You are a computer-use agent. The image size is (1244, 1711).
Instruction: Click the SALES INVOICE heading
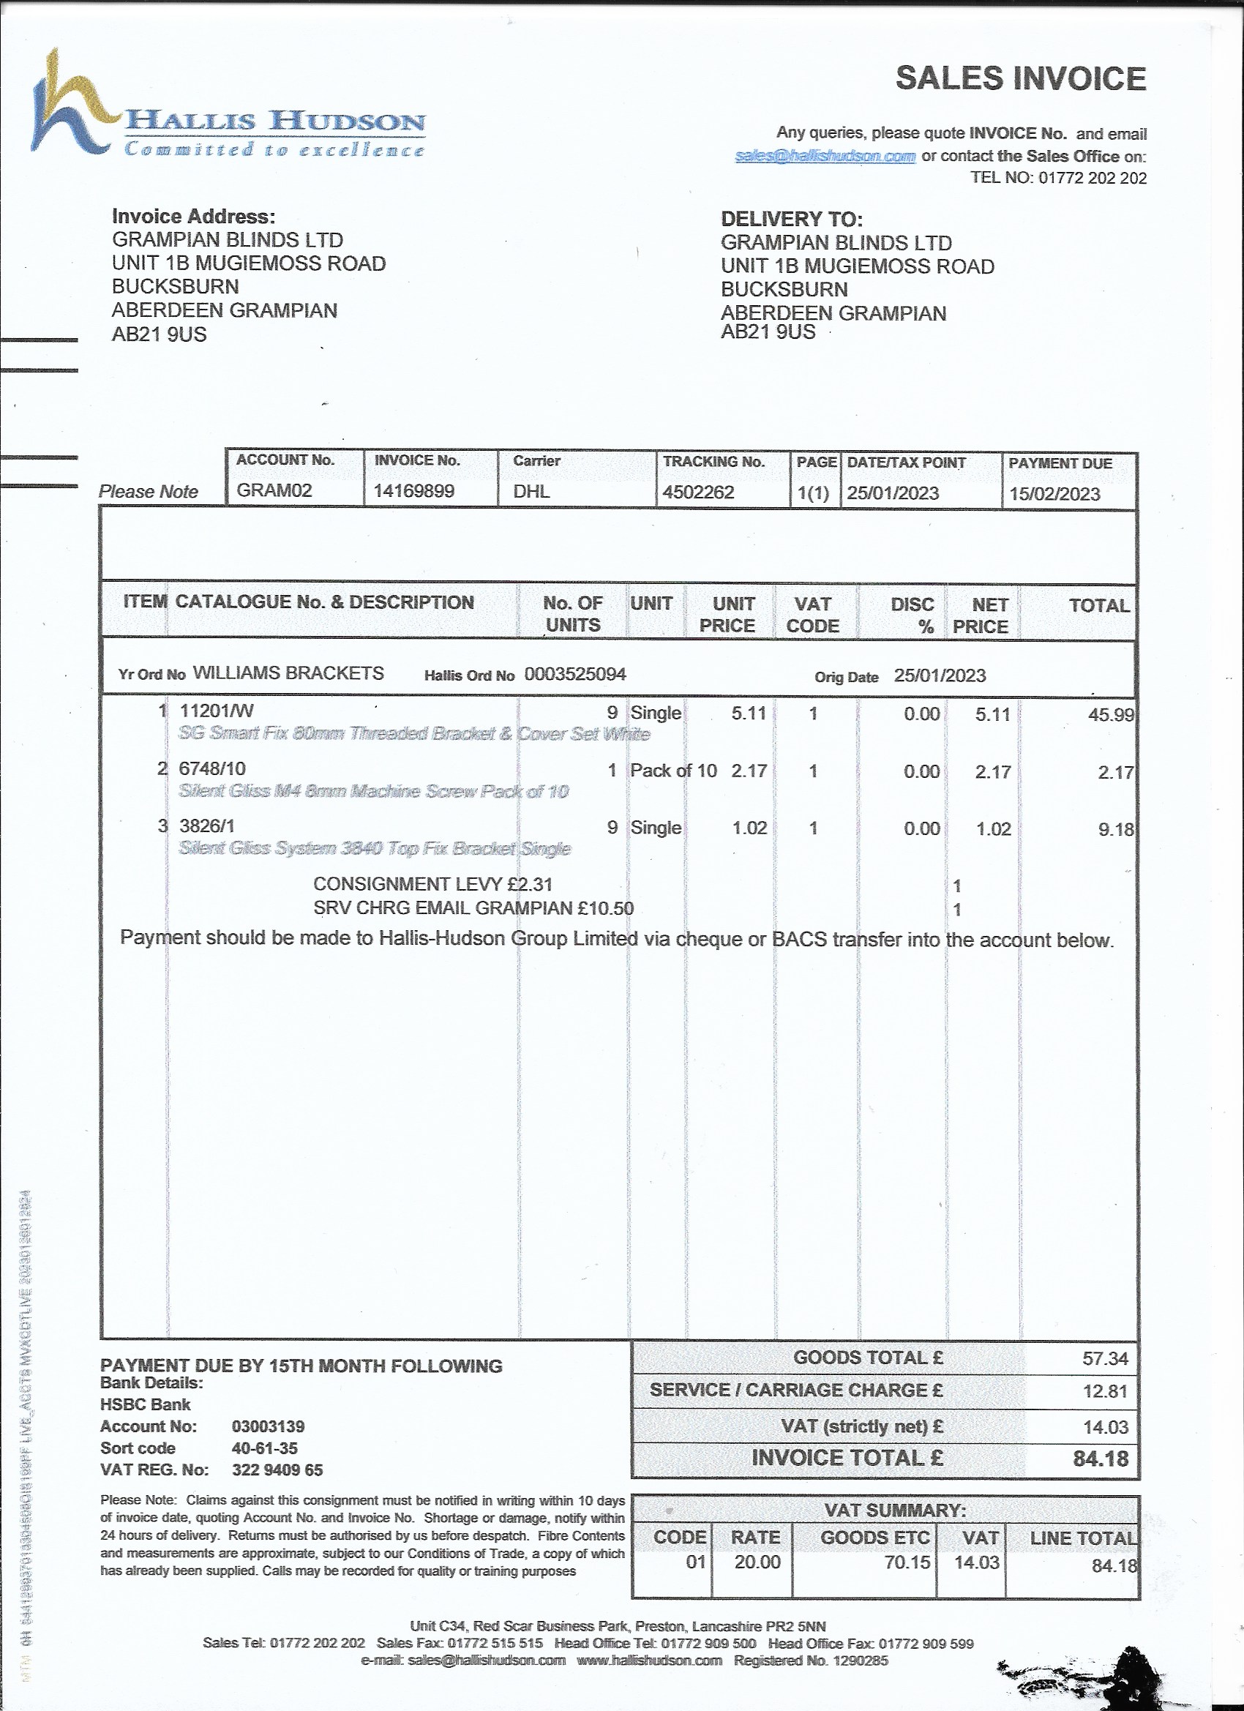tap(1021, 79)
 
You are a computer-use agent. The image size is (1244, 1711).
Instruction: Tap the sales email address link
tap(825, 156)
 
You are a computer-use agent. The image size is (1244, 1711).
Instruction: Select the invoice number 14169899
tap(414, 492)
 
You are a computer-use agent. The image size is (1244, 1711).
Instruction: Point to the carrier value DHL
tap(531, 492)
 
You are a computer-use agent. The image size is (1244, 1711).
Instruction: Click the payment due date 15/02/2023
tap(1054, 495)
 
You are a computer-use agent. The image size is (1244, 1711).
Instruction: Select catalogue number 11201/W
tap(217, 711)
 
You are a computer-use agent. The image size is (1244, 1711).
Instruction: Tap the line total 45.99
tap(1111, 715)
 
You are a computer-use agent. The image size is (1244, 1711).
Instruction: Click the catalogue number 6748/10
tap(212, 768)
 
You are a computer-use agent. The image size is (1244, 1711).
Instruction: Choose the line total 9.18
tap(1116, 830)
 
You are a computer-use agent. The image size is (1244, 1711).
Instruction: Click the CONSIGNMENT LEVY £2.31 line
tap(433, 884)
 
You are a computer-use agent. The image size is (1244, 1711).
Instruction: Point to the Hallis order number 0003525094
tap(575, 675)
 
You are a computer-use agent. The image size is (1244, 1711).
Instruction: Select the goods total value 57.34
tap(1105, 1359)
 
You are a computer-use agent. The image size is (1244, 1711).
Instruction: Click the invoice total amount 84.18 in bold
tap(1101, 1459)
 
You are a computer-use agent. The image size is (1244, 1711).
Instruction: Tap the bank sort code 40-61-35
tap(264, 1448)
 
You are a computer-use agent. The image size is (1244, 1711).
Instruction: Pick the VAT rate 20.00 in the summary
tap(757, 1562)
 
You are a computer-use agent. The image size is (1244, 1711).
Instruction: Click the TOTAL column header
tap(1099, 606)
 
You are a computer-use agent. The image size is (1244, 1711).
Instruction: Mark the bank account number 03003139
tap(268, 1426)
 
